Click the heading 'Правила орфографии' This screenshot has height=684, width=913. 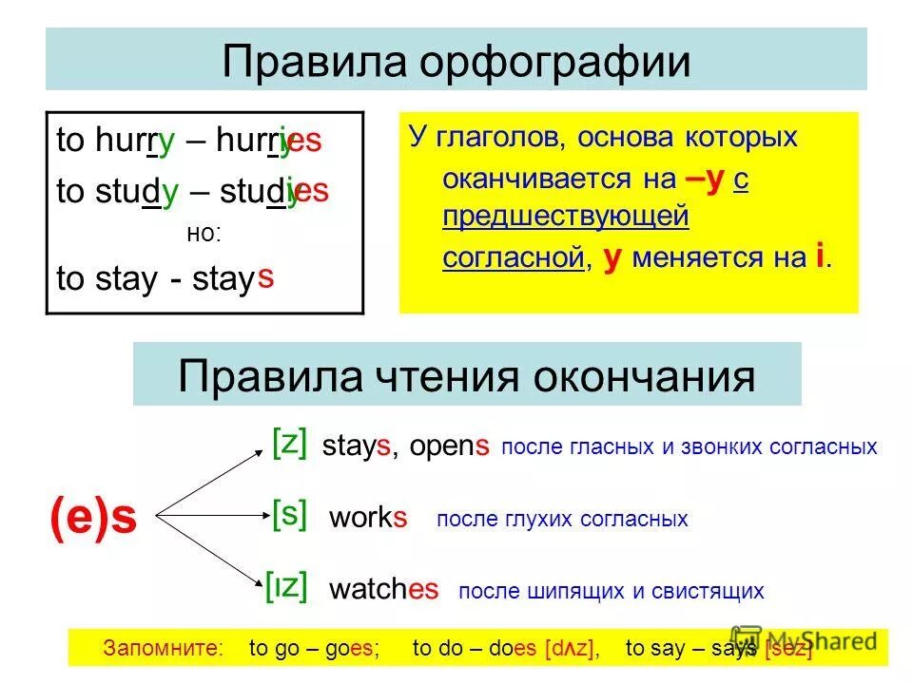click(456, 61)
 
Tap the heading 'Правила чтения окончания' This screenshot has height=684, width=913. click(467, 376)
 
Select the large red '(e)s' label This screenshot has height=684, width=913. click(93, 518)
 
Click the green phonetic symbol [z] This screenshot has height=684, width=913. click(289, 443)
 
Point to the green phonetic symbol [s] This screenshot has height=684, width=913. click(289, 516)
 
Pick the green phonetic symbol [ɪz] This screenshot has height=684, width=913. click(287, 586)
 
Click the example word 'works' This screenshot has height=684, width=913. click(368, 519)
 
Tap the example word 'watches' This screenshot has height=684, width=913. click(383, 590)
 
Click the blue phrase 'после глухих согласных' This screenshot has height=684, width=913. click(561, 520)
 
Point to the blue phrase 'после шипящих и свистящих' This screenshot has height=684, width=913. click(611, 592)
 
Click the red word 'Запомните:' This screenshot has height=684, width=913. click(162, 649)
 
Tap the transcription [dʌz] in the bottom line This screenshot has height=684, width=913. click(571, 649)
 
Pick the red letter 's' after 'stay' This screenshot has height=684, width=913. click(266, 277)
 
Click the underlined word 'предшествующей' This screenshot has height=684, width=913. click(565, 217)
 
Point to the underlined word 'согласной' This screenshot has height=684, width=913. click(513, 257)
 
